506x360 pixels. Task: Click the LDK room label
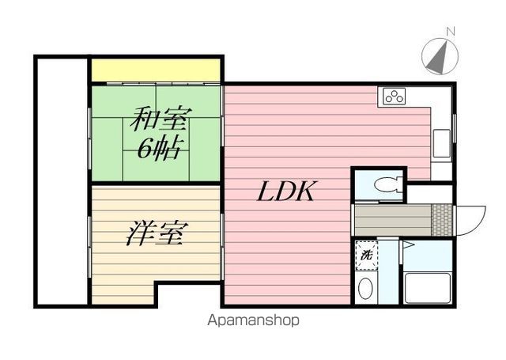285,191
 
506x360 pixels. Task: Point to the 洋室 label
157,233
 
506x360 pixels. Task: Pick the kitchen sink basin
441,143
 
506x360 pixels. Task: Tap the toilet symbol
388,184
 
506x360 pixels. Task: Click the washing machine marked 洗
366,255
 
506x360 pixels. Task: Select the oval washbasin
365,288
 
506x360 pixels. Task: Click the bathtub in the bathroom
427,288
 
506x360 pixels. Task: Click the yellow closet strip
156,70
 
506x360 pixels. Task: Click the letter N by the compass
451,32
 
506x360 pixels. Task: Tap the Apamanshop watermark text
253,320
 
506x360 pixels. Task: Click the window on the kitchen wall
455,128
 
